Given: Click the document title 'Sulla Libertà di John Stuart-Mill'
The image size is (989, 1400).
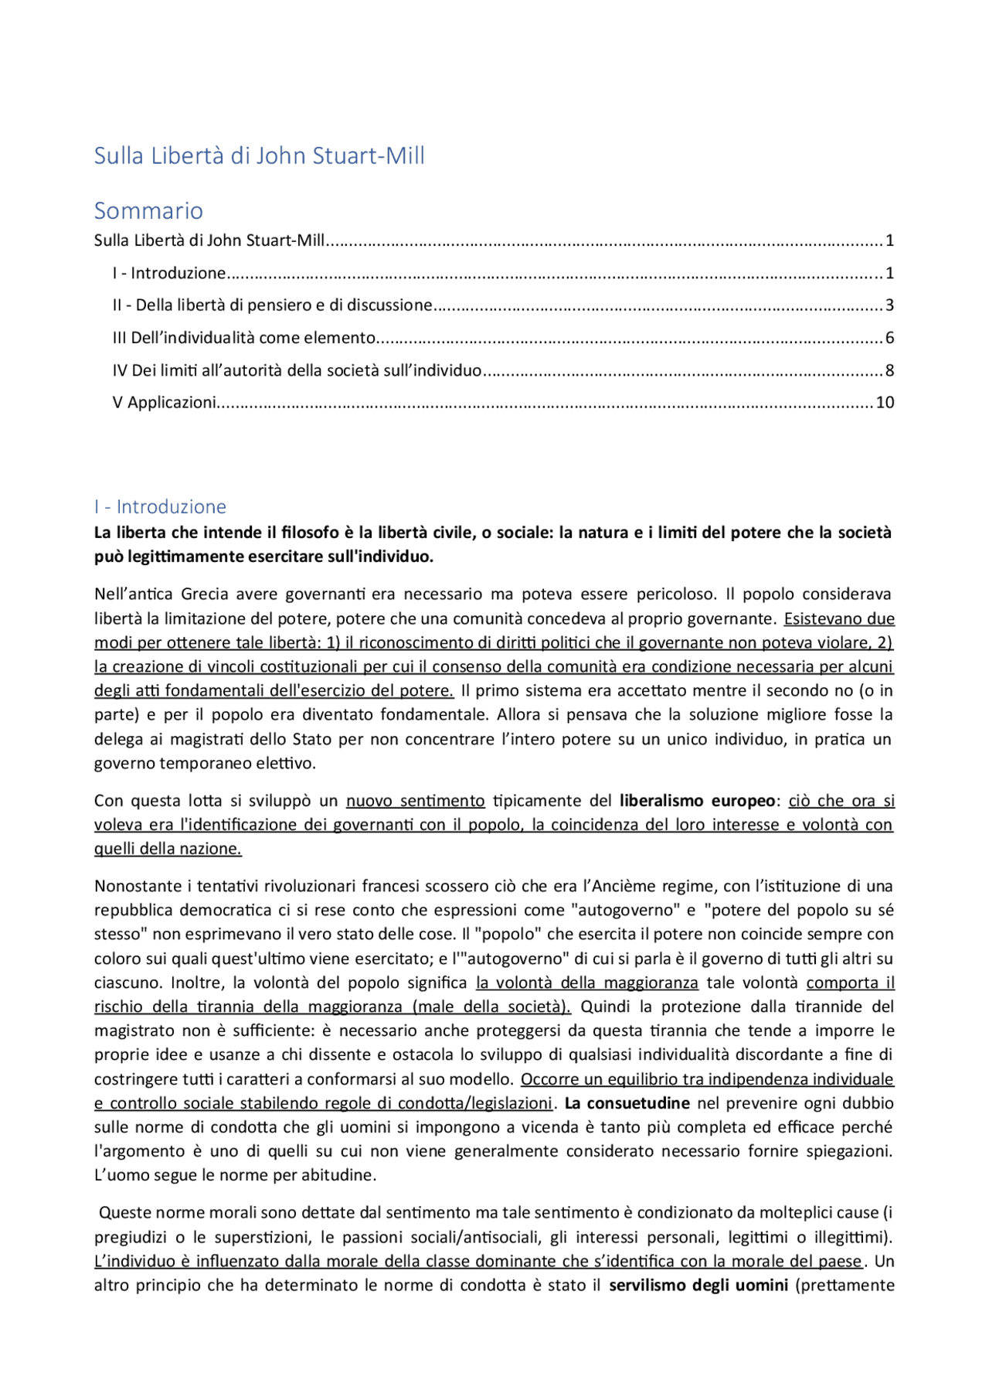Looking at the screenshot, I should (x=259, y=155).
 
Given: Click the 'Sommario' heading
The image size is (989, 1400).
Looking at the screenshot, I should (x=148, y=210).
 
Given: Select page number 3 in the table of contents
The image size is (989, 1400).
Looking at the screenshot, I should (x=889, y=305).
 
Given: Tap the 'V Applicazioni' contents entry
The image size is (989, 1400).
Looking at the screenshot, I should (x=164, y=403).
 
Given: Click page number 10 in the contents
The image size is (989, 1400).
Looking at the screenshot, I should (x=885, y=403).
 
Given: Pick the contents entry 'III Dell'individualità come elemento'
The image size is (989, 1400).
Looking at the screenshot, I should (x=243, y=338).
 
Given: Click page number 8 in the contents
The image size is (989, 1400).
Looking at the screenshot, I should (x=889, y=370).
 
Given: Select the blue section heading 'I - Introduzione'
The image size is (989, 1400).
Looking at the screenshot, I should (x=160, y=506).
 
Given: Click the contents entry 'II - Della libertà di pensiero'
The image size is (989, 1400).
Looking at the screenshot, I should (x=272, y=305).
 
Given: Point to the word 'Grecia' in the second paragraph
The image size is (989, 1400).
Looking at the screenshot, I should (x=205, y=594).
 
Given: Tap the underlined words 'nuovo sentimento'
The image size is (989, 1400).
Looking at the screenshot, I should (x=415, y=800).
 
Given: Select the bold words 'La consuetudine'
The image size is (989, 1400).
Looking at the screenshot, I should (x=627, y=1103).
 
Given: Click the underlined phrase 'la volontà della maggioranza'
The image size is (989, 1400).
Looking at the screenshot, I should (x=586, y=983).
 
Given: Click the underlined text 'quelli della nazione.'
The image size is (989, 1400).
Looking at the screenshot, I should (x=168, y=849).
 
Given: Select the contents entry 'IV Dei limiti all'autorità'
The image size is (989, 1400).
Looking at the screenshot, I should (x=297, y=370).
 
